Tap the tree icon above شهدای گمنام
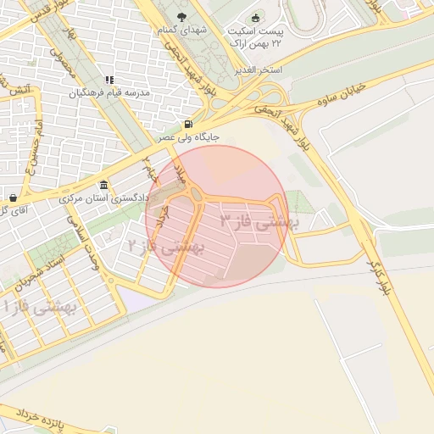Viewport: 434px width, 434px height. coord(180,16)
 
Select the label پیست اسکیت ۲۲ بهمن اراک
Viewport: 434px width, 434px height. coord(257,36)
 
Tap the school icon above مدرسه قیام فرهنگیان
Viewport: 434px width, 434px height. coord(109,81)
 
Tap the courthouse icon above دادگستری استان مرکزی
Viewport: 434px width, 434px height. coord(103,186)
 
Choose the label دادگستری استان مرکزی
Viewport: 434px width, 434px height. coord(103,198)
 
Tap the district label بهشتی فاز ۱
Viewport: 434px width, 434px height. coord(39,308)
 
